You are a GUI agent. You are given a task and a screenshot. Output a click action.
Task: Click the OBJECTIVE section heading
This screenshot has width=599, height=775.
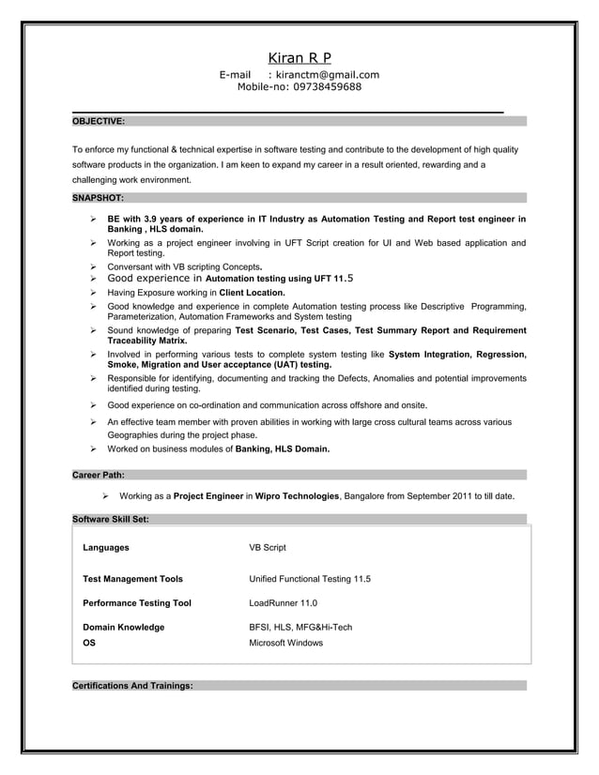coord(99,121)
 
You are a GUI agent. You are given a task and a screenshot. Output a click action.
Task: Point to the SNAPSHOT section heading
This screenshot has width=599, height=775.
coord(97,198)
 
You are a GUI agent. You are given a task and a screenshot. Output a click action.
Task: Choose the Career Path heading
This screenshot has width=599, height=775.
coord(99,475)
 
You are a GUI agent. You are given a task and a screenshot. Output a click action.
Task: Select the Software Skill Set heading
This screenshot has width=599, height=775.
coord(110,519)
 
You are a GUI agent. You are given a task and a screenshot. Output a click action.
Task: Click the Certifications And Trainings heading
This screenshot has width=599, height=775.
coord(132,686)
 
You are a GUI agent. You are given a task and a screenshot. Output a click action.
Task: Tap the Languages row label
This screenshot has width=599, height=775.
coord(106,547)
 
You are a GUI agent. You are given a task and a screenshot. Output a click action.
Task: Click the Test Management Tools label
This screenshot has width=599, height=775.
coord(133,579)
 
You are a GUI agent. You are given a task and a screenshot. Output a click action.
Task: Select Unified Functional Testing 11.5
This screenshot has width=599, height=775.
coord(309,579)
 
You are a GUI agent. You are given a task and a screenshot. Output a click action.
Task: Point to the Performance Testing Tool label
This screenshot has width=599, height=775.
coord(137,603)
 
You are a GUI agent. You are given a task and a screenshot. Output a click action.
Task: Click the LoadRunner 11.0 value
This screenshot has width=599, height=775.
coord(283,603)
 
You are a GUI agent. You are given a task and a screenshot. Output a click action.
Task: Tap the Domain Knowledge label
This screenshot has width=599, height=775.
coord(124,627)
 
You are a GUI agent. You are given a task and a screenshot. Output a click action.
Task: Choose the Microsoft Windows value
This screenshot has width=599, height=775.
coord(285,643)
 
